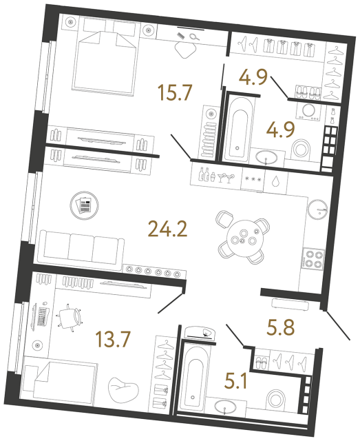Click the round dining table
click(243, 239)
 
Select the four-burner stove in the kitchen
click(314, 258)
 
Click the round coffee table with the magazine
click(84, 205)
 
